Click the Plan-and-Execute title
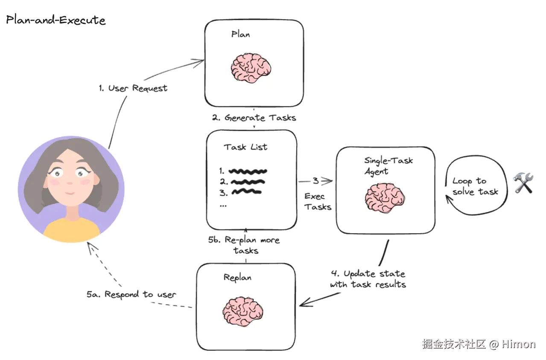[x=55, y=20]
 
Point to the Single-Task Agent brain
[x=385, y=198]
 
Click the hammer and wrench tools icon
[x=523, y=183]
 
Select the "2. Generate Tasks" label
[x=254, y=117]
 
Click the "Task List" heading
[x=246, y=147]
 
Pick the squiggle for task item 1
[x=248, y=171]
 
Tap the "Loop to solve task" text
[x=475, y=187]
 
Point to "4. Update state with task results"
[x=368, y=279]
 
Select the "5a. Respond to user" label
[x=131, y=294]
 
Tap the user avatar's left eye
[x=56, y=173]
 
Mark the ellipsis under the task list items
[x=222, y=205]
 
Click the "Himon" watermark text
[x=518, y=344]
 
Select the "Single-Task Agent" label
[x=388, y=166]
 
